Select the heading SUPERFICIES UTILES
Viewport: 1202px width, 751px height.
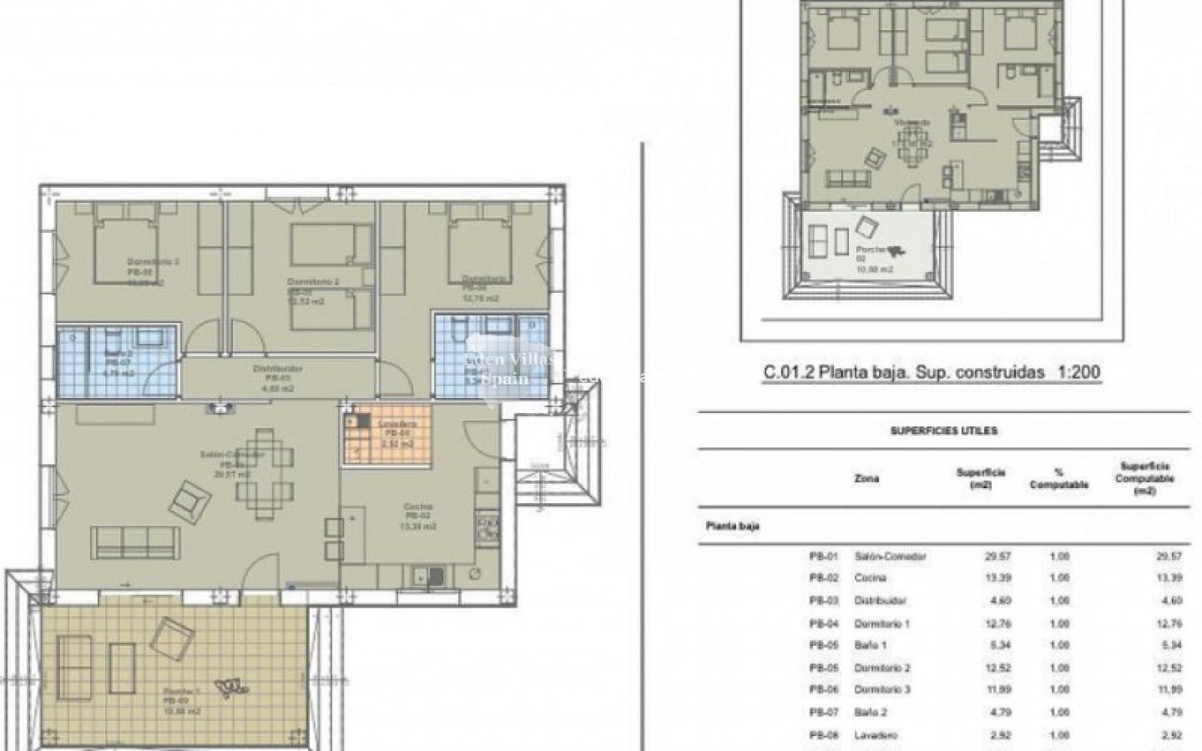[944, 431]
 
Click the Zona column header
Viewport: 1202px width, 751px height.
[866, 478]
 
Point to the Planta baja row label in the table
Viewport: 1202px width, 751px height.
[732, 527]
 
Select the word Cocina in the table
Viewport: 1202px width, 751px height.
[871, 578]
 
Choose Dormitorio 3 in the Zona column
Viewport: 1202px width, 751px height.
[882, 690]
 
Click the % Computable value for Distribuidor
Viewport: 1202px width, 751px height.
[1058, 601]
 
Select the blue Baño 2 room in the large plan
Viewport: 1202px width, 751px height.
[117, 360]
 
